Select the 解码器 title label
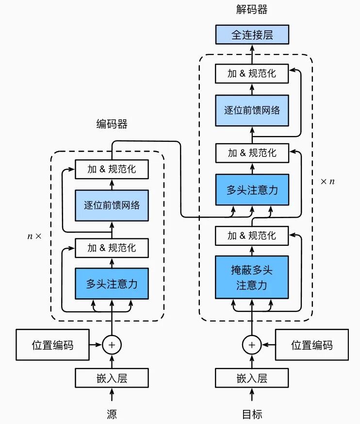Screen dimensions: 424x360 click(x=252, y=10)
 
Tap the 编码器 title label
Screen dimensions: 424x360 click(x=112, y=124)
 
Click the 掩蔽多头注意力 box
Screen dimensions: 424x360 click(x=252, y=277)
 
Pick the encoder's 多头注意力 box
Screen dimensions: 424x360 click(x=112, y=284)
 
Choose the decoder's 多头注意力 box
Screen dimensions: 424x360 click(x=252, y=190)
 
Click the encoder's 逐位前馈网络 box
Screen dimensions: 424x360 click(x=112, y=205)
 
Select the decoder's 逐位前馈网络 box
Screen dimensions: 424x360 click(x=252, y=110)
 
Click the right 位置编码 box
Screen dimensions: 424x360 click(x=311, y=345)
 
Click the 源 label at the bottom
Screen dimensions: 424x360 click(x=112, y=414)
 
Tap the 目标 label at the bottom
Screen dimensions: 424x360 click(x=252, y=414)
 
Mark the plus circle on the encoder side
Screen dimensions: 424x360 click(x=112, y=345)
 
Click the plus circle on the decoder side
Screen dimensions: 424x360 click(x=252, y=345)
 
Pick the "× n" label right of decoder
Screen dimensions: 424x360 click(x=328, y=181)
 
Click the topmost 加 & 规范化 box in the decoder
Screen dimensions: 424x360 click(x=252, y=73)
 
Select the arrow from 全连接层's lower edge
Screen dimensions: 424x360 click(x=252, y=54)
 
